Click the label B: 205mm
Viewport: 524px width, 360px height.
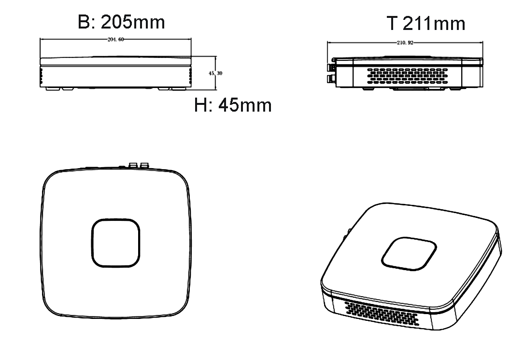pos(121,22)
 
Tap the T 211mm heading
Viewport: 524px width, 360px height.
pos(426,23)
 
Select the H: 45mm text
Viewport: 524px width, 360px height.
pos(232,105)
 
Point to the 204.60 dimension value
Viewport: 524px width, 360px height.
pos(115,40)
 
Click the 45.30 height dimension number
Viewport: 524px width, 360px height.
pos(215,73)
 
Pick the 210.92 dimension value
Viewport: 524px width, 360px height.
pos(404,43)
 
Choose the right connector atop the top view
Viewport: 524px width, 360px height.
pos(144,165)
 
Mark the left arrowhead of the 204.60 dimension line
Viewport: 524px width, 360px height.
pos(42,40)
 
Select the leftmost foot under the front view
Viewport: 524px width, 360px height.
pos(52,89)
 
